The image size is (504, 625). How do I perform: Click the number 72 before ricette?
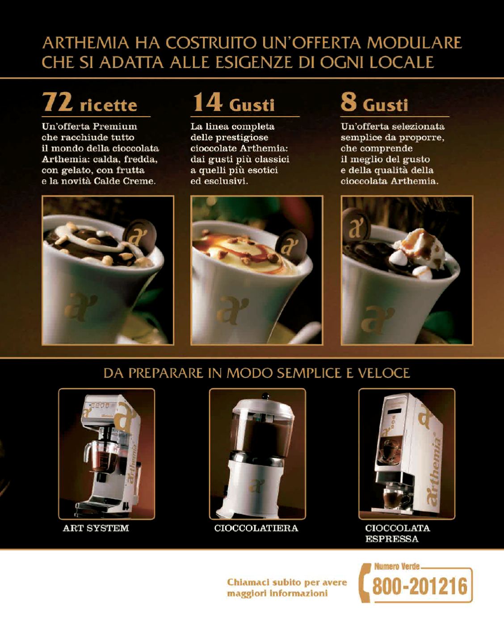[57, 102]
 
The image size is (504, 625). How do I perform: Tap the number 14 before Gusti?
[208, 102]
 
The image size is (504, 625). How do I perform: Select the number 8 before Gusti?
[349, 102]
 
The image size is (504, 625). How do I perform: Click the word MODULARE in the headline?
[414, 43]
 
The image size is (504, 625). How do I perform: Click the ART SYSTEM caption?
[96, 528]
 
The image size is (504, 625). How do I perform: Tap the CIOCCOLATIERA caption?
[256, 528]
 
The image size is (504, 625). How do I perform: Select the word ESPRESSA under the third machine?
[392, 539]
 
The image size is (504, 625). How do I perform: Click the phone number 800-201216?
[420, 586]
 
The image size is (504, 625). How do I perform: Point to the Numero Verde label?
[397, 566]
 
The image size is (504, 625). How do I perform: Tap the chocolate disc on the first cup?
[140, 236]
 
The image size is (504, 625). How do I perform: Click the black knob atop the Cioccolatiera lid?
[265, 396]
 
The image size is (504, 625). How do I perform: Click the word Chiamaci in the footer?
[244, 583]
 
